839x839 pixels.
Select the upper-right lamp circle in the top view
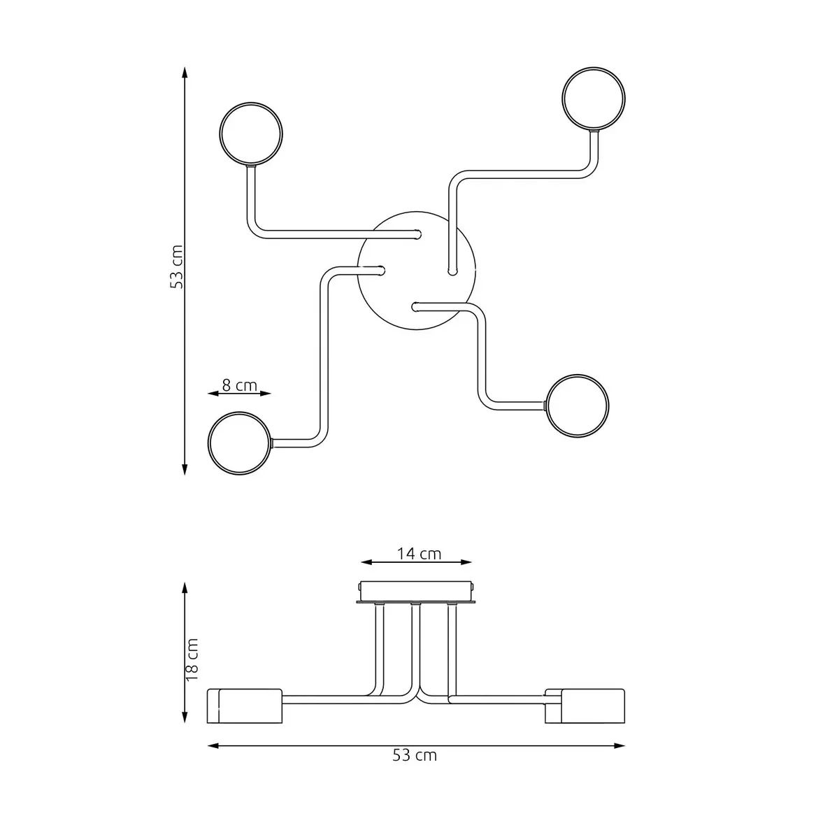pyautogui.click(x=594, y=98)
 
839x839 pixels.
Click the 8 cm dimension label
pyautogui.click(x=240, y=385)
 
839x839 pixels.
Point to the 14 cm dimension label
pyautogui.click(x=419, y=554)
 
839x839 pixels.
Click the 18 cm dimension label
pyautogui.click(x=194, y=659)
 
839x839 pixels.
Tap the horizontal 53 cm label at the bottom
pyautogui.click(x=416, y=755)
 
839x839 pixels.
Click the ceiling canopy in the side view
pyautogui.click(x=417, y=591)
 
